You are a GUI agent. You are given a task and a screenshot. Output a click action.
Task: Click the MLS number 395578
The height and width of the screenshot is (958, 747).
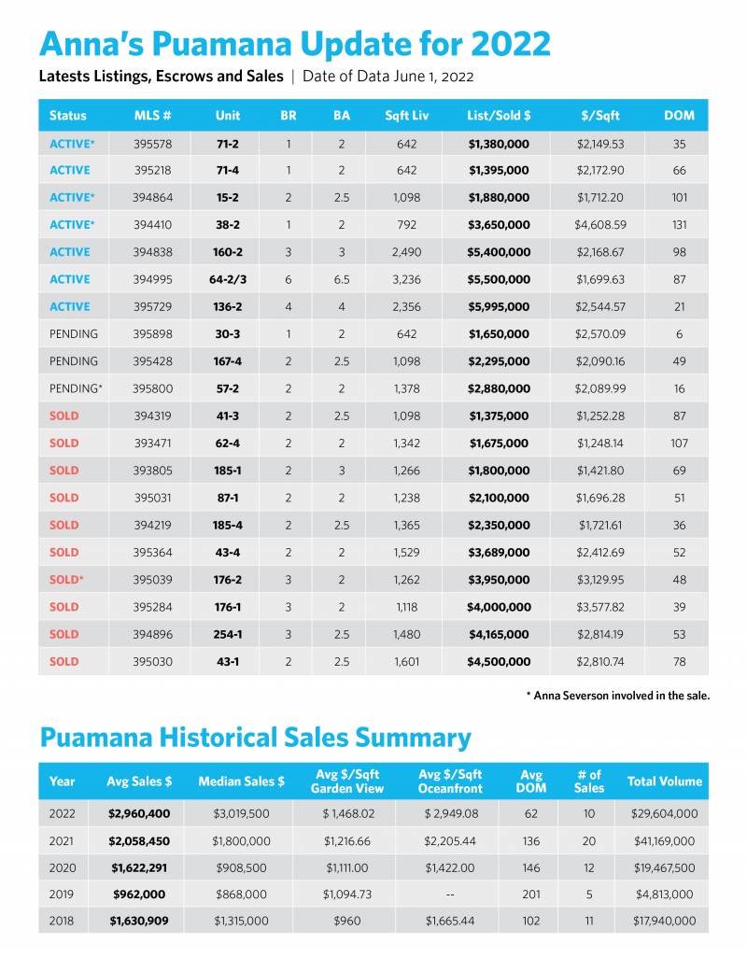click(x=152, y=144)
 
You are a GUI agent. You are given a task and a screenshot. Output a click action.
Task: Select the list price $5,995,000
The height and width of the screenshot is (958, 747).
click(x=499, y=307)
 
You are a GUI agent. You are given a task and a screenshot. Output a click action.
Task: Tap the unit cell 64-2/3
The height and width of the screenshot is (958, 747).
click(x=227, y=279)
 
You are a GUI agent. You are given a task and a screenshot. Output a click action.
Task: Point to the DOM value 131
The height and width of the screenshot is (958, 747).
click(x=679, y=225)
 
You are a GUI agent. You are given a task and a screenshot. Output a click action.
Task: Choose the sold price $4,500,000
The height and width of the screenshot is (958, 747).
click(x=499, y=661)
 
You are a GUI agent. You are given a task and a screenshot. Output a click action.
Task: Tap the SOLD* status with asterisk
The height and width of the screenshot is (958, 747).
click(x=66, y=580)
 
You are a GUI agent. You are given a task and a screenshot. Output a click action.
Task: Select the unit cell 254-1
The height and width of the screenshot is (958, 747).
click(x=227, y=634)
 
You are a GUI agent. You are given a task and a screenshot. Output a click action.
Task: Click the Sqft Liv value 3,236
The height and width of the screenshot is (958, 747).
click(x=401, y=279)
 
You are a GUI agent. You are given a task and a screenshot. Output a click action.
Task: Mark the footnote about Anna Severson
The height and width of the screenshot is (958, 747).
click(x=617, y=696)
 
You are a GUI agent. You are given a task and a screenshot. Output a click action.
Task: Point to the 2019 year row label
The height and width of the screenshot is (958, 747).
click(x=62, y=894)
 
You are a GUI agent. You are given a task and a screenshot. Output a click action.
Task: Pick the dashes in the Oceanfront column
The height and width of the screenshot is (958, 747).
click(x=449, y=894)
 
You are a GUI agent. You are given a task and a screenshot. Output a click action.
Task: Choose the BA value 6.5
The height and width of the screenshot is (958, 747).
click(x=341, y=279)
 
